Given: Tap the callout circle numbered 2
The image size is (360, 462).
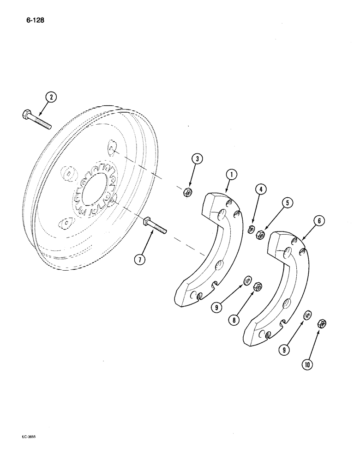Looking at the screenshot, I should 51,98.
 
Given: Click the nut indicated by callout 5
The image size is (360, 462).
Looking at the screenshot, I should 260,235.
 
